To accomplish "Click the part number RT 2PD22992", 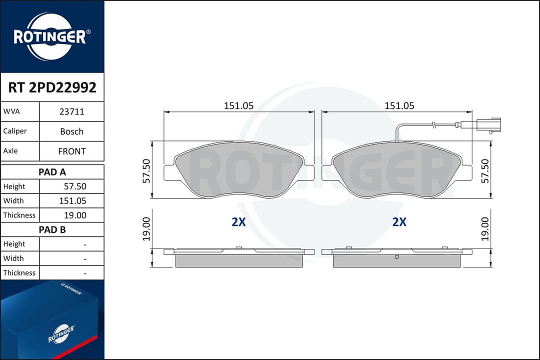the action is [52, 87].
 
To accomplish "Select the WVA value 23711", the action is [71, 111].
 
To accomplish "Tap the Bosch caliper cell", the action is [71, 131].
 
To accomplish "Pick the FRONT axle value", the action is [71, 151].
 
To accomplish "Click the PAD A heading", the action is [52, 172].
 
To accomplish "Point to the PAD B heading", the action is [52, 229].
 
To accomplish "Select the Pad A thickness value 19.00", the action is [75, 215].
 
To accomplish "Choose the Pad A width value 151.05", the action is [72, 201].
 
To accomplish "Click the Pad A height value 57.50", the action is [75, 186].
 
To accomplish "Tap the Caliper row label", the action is [15, 131].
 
